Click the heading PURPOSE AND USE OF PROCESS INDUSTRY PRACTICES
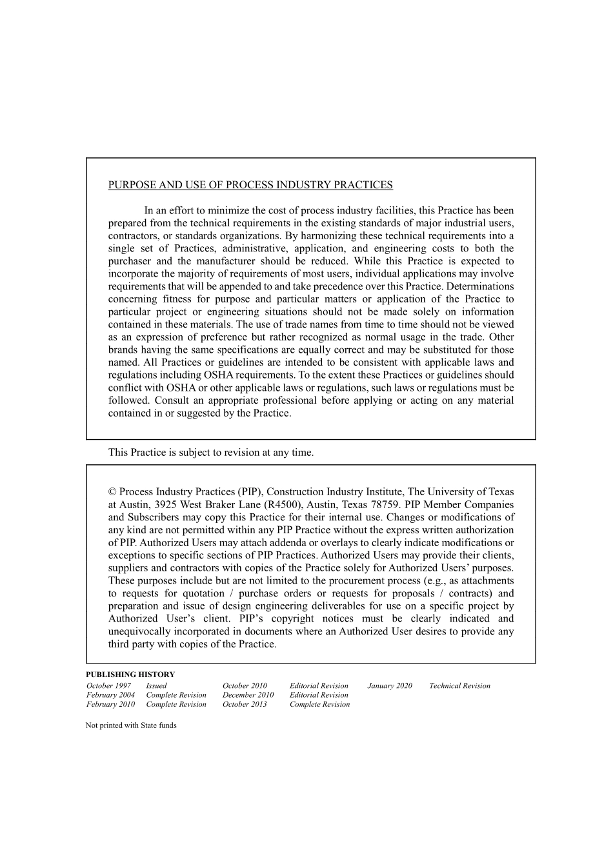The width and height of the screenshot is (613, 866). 250,185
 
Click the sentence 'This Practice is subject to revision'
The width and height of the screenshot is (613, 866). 211,453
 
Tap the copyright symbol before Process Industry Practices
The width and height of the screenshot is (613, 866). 112,492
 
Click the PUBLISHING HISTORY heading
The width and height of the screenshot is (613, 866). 130,674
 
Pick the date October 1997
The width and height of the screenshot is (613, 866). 108,685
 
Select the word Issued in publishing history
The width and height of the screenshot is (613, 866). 156,685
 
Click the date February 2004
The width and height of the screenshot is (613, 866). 110,695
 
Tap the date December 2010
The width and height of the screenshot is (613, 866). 248,695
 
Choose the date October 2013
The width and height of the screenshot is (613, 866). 245,704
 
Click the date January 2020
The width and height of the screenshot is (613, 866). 390,685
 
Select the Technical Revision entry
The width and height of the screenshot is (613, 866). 459,685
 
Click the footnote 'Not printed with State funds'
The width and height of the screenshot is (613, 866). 131,725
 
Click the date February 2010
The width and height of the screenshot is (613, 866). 110,704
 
